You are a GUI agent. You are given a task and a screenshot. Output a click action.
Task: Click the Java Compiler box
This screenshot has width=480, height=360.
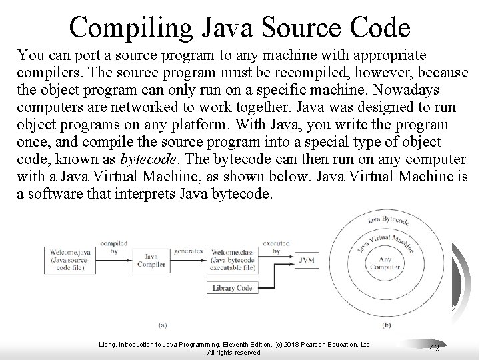point(151,259)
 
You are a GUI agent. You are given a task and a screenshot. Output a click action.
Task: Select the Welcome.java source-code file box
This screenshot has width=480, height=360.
point(65,257)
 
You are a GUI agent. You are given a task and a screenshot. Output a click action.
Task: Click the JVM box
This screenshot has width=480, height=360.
point(306,259)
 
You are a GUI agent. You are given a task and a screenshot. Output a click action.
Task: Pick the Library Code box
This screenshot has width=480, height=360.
point(231,287)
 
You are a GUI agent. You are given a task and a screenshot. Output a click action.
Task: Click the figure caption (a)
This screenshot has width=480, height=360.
point(163,325)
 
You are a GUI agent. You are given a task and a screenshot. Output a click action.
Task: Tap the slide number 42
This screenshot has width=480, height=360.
point(434,348)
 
